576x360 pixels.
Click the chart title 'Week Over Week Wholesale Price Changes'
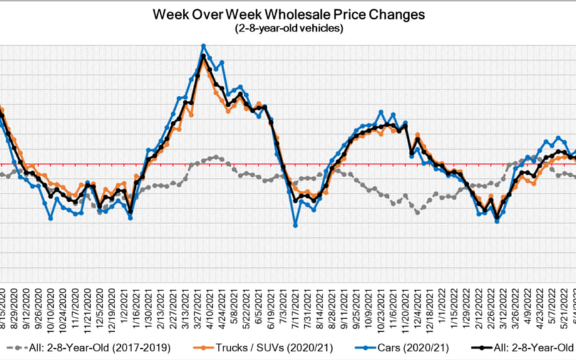coord(289,14)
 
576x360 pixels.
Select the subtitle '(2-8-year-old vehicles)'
coord(289,28)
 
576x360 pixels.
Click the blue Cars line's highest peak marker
coord(203,46)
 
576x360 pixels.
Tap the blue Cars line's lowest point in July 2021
coord(295,225)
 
